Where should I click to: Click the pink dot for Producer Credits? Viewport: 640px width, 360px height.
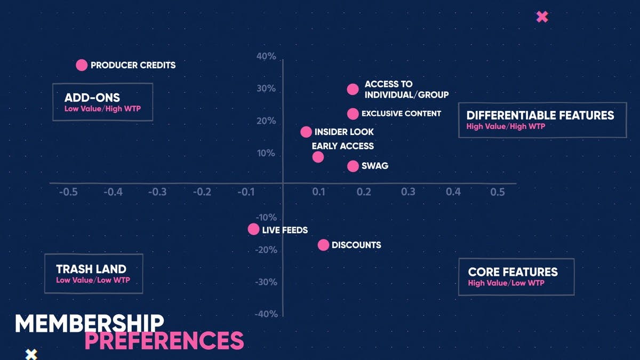81,65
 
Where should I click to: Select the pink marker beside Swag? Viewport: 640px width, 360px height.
353,166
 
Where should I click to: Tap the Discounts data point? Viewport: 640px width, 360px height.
323,245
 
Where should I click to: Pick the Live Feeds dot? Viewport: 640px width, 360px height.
253,229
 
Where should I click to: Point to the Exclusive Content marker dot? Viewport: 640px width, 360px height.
353,114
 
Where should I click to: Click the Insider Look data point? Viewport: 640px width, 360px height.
306,132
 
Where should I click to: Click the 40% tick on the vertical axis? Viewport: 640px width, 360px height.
266,57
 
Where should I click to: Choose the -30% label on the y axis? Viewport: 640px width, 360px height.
266,282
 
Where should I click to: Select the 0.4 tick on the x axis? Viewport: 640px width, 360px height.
453,191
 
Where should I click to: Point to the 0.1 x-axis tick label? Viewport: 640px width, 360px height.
319,191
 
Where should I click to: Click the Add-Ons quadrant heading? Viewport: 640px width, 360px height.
92,98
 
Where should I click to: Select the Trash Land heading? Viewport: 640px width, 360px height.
91,269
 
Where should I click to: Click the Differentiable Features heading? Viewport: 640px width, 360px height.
540,115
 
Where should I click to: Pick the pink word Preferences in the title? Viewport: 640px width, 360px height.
164,340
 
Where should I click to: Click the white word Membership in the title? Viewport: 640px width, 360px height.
89,323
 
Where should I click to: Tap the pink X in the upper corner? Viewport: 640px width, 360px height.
542,17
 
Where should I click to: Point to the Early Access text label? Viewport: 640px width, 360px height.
343,146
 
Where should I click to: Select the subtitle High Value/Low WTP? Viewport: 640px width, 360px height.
506,283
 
